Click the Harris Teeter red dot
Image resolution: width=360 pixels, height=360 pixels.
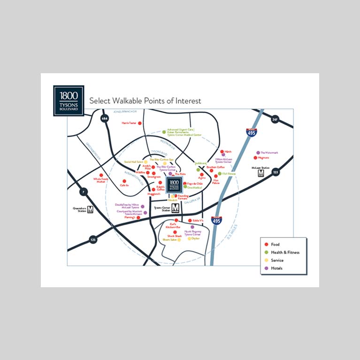[x=139, y=123]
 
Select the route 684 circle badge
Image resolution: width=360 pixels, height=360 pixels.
[x=104, y=119]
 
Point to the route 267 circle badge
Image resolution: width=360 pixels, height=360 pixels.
[x=275, y=120]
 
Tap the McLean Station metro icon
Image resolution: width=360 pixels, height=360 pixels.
[x=261, y=173]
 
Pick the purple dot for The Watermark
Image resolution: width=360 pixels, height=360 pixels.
[x=258, y=153]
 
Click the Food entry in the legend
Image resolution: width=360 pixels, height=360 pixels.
[x=275, y=245]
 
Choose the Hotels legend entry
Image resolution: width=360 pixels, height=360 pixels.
[x=277, y=268]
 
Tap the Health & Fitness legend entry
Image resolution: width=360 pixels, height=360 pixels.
[x=285, y=253]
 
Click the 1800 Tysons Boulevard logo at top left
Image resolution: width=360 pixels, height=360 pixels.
[x=69, y=100]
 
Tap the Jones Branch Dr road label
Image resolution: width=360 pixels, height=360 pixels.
[x=125, y=112]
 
